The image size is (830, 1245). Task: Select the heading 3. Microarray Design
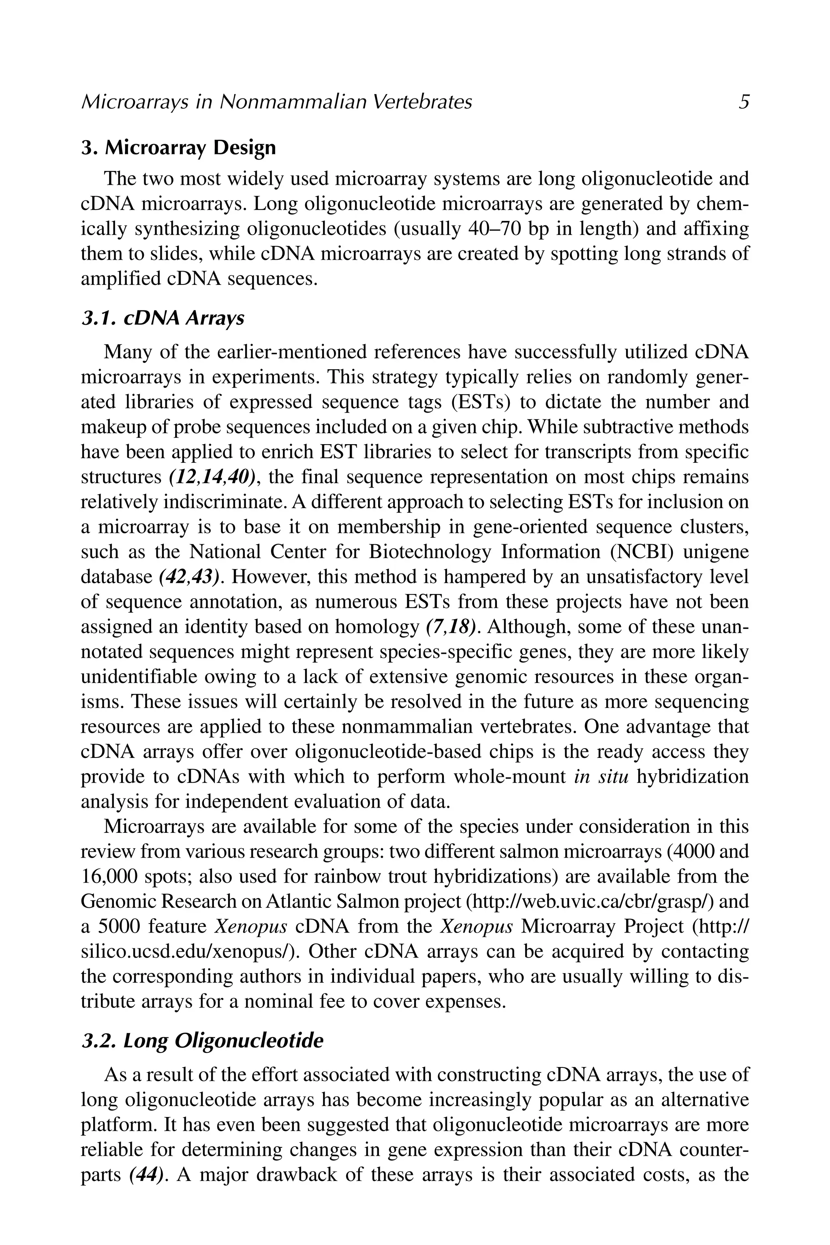point(178,147)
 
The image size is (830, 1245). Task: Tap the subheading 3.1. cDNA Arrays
point(163,318)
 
